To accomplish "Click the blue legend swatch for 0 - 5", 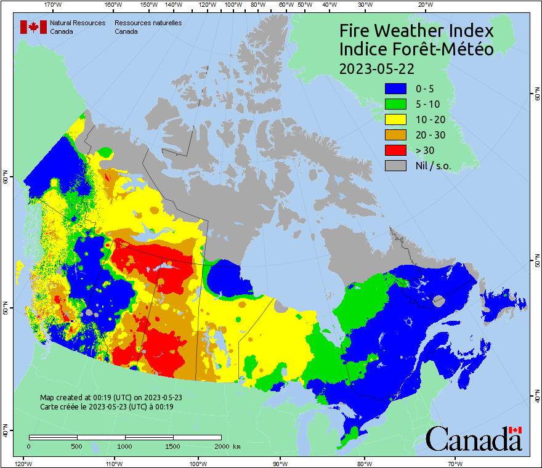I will coord(395,89).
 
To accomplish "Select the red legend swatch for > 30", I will coord(395,150).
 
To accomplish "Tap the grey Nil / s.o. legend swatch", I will coord(395,166).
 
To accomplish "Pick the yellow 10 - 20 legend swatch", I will coord(395,119).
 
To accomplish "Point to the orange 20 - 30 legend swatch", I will coord(395,135).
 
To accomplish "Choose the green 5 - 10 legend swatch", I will coord(395,104).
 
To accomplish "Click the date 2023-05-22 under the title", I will coord(376,68).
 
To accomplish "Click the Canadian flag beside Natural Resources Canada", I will coord(33,26).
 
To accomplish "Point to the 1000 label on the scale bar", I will coord(125,446).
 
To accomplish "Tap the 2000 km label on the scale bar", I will coord(227,446).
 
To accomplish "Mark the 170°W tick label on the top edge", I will coord(54,5).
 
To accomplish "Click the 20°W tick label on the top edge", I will coord(424,5).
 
